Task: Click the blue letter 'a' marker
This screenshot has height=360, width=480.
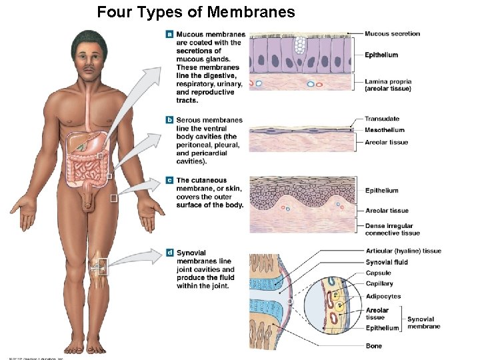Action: (170, 34)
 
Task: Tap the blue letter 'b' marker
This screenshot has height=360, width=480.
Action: (170, 120)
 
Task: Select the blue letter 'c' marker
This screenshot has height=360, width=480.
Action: (170, 180)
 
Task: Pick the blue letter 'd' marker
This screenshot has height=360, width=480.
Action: (170, 253)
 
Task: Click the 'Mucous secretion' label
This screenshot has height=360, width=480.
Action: (392, 33)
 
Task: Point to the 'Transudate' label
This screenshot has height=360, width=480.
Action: (382, 119)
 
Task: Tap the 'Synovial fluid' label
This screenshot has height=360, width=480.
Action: (387, 262)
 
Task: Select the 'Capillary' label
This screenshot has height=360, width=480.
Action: (379, 283)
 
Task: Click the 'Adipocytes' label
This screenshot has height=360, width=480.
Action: (383, 296)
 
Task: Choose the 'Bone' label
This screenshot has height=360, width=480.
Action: (373, 346)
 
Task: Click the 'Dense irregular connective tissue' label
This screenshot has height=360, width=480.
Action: (392, 229)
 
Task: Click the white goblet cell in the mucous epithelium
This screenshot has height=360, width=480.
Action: (300, 45)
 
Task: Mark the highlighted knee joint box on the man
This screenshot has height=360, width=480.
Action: (99, 266)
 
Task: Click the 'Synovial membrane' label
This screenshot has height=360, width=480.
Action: (423, 323)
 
